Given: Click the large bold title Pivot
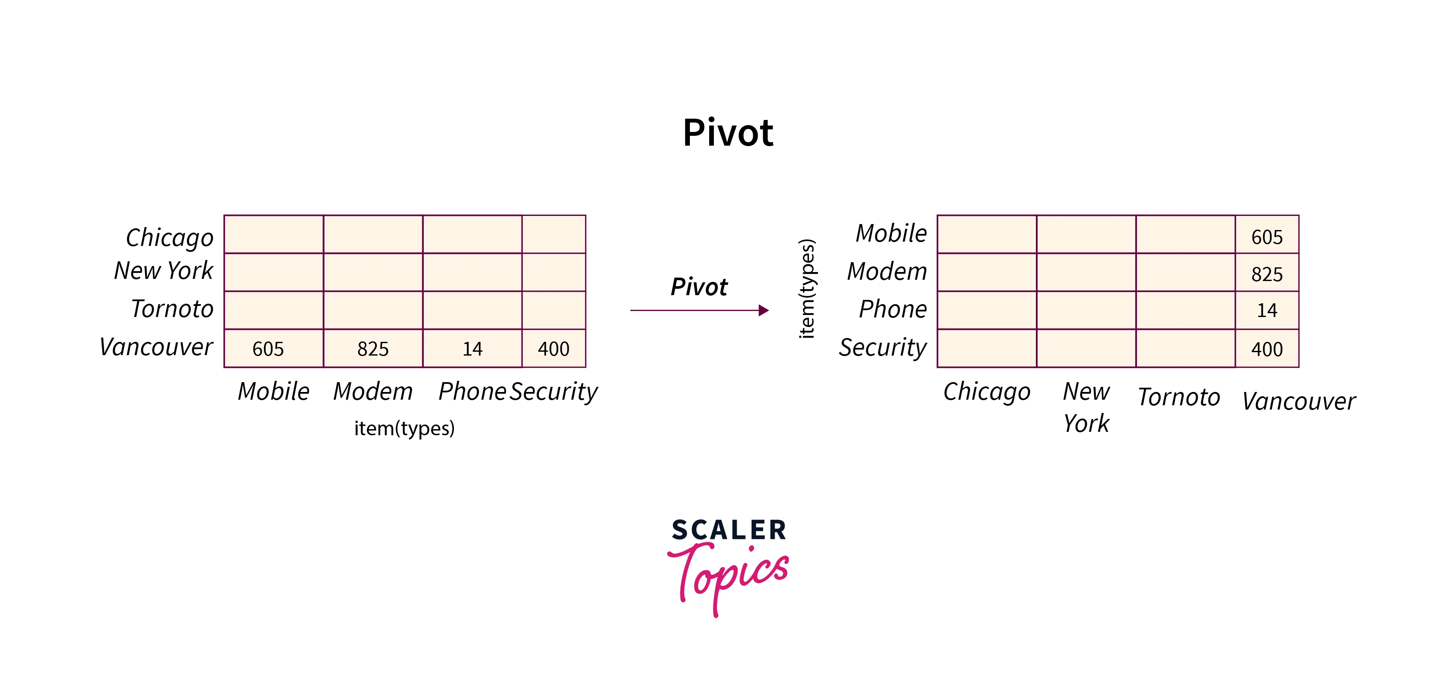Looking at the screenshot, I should (728, 133).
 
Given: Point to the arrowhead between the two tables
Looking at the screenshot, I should (763, 311).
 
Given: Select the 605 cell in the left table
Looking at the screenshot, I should (269, 349).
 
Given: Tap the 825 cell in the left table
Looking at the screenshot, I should (373, 349).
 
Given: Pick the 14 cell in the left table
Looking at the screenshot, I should (472, 349).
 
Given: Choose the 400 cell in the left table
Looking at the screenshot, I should (554, 349).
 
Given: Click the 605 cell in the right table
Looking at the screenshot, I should (1267, 237).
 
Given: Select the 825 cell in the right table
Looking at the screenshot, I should (1267, 274).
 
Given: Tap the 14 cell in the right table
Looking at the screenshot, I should (1267, 311).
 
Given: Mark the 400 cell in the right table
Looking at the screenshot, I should (1267, 349).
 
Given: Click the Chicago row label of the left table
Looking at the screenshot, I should (170, 237).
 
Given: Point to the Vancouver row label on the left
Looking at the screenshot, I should (156, 347).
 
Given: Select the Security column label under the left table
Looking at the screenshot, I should (554, 391).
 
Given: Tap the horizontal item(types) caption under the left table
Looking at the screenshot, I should (404, 428).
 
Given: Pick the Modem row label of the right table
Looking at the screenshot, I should (887, 272).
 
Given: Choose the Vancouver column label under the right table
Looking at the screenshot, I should (1298, 401).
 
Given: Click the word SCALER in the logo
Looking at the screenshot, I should (728, 530).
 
